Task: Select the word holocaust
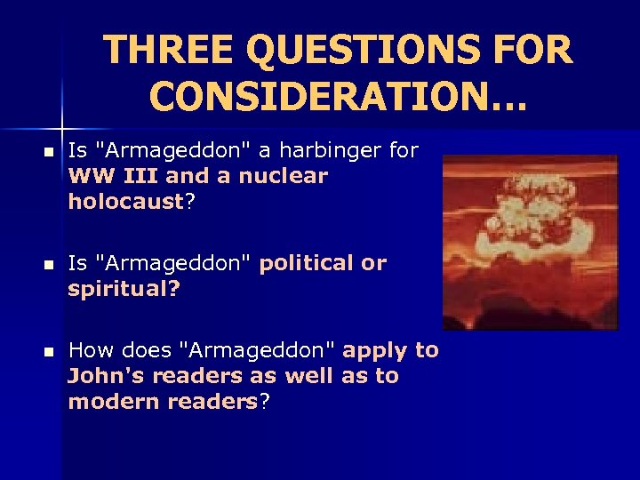coord(125,202)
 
